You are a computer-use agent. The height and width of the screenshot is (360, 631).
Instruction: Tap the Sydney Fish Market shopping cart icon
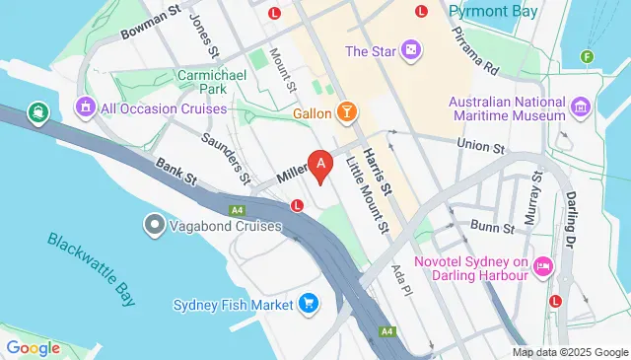(310, 305)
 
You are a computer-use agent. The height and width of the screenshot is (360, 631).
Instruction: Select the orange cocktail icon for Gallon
(346, 113)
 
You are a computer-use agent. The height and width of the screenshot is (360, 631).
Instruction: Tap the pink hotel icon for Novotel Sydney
(542, 266)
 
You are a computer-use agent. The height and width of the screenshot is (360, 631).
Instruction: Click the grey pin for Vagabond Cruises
(153, 226)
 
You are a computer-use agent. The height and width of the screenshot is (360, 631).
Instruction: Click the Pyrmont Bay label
(493, 12)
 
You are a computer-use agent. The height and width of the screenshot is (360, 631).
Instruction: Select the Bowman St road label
(152, 21)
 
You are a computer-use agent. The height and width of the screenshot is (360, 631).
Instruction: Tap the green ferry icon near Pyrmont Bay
(589, 56)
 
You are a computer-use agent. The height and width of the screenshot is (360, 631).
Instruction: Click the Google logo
(33, 347)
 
